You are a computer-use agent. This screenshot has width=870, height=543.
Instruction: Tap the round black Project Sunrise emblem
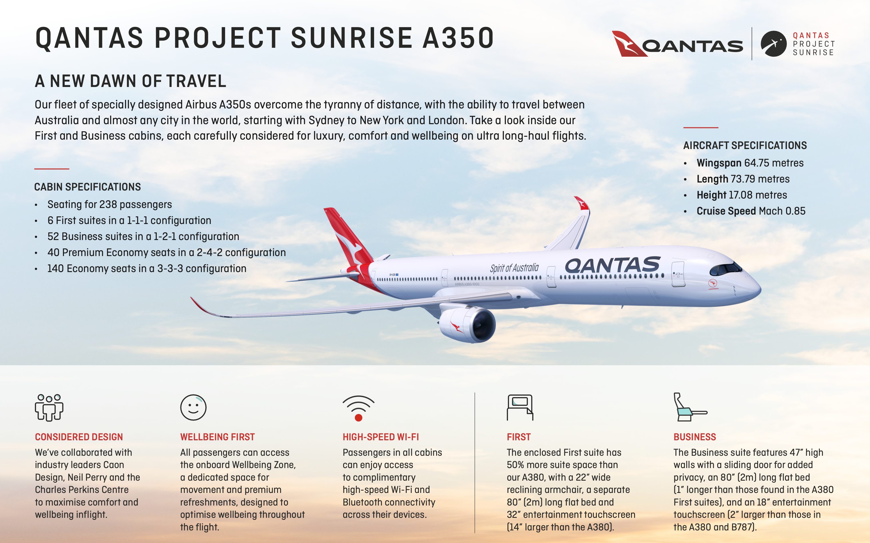(x=773, y=44)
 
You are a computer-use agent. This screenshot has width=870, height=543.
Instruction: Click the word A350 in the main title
(x=458, y=38)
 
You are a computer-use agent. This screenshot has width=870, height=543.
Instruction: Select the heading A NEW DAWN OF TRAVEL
(x=131, y=81)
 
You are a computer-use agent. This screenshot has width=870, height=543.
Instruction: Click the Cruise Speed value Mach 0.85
(x=782, y=211)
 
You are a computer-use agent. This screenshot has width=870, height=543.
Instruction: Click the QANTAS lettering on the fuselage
(x=612, y=265)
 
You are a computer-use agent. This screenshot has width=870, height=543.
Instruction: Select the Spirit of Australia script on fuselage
(x=514, y=268)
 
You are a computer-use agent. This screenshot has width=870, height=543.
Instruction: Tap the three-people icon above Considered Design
(x=49, y=408)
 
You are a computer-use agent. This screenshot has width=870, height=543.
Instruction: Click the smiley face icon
(x=193, y=408)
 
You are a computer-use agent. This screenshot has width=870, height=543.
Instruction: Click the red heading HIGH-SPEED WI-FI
(x=381, y=437)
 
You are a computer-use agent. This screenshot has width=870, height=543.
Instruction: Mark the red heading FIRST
(x=519, y=437)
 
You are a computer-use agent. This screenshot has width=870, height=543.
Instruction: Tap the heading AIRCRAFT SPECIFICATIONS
(x=745, y=145)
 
